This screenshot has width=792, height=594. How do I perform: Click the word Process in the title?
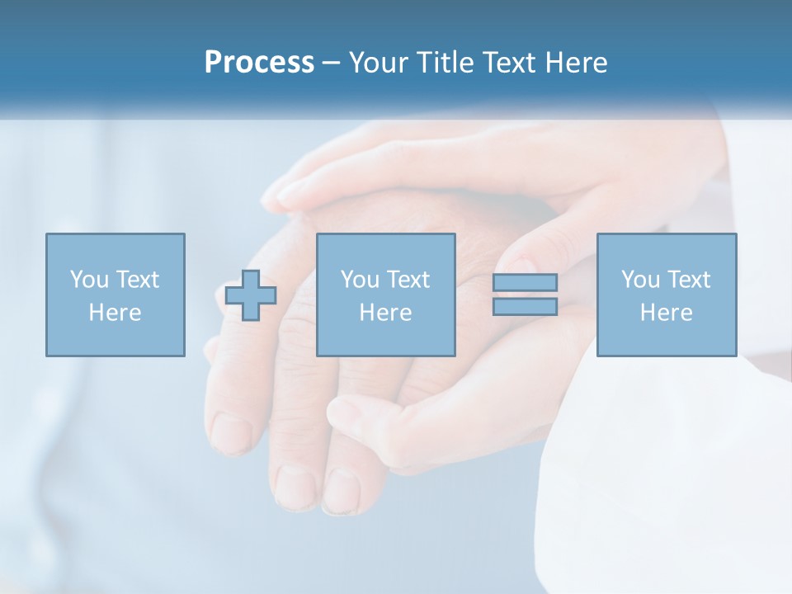pos(259,63)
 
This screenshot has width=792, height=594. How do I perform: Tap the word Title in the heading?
pos(447,63)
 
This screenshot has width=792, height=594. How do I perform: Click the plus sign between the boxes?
pos(251,295)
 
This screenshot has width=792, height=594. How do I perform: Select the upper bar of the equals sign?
pos(525,282)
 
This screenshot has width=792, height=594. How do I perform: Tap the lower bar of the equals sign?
pos(525,306)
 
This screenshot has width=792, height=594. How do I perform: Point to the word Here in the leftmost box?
pos(115,313)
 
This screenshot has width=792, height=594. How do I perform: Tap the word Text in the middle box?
pos(408,280)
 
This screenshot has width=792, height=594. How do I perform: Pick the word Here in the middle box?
pos(385,313)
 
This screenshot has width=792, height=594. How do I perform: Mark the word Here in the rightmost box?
pos(666,313)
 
